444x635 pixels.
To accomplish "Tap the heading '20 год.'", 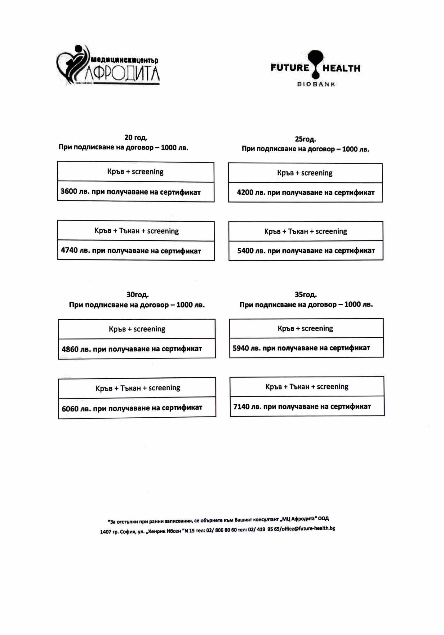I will click(x=136, y=137).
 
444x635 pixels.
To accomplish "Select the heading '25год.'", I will click(x=305, y=139).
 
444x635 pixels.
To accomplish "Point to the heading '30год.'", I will click(x=137, y=295).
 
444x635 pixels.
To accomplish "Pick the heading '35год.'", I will click(x=306, y=294).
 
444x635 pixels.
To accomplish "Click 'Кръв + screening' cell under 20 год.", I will click(x=135, y=172).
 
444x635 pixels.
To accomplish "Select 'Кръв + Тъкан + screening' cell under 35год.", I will click(x=307, y=387).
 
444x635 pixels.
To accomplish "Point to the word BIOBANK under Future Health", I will click(x=316, y=84).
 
